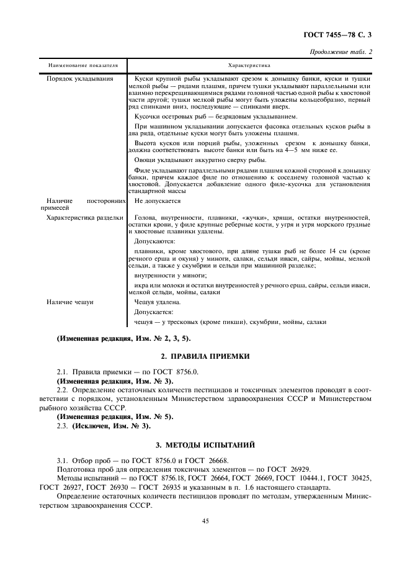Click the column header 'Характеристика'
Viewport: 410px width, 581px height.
pyautogui.click(x=249, y=65)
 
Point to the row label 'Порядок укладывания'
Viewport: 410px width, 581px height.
pyautogui.click(x=80, y=78)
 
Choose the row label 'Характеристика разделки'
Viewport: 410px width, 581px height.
pyautogui.click(x=85, y=218)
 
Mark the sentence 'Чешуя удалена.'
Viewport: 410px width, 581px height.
pyautogui.click(x=154, y=302)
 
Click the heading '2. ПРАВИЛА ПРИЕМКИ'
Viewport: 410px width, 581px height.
pyautogui.click(x=205, y=357)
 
